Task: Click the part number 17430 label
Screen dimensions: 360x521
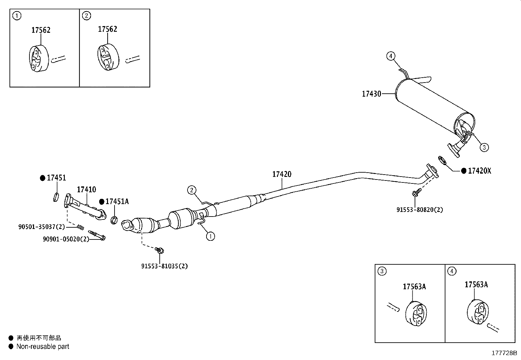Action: [371, 94]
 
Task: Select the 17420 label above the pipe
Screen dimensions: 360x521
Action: [281, 174]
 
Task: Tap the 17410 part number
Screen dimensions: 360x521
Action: [86, 189]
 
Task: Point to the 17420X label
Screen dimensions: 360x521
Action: [479, 171]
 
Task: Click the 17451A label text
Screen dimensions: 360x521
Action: [117, 201]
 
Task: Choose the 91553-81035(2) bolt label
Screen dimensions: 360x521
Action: [164, 266]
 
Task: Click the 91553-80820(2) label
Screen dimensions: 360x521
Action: [420, 210]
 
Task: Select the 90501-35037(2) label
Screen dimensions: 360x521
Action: [42, 227]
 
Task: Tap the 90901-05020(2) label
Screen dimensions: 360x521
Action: [66, 239]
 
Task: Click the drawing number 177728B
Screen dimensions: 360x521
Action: [504, 353]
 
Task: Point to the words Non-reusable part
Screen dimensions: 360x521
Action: [43, 347]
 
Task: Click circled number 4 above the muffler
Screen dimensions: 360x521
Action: [390, 56]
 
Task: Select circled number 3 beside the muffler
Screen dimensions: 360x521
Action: [484, 147]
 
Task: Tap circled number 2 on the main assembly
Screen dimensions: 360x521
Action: [191, 190]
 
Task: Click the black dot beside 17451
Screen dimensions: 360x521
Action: [42, 178]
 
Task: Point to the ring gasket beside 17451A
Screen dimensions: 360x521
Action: [114, 220]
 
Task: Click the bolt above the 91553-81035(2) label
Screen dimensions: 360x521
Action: [160, 251]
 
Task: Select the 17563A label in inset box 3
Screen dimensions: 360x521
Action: [414, 287]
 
